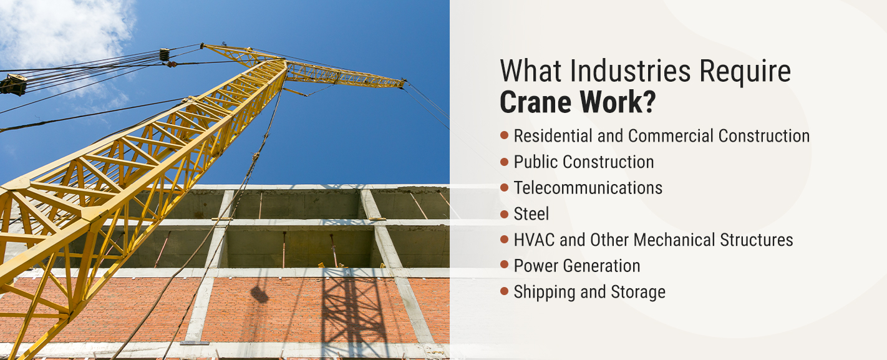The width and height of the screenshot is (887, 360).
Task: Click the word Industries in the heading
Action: tap(631, 71)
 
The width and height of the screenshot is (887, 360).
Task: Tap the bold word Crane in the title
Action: tap(536, 102)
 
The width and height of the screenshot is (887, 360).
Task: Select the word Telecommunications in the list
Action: tap(588, 188)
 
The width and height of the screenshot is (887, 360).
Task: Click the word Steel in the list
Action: tap(531, 214)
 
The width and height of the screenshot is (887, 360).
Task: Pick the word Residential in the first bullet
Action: tap(553, 136)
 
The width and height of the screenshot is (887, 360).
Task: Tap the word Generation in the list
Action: tap(602, 266)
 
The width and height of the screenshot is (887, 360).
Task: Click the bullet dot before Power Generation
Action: tap(504, 265)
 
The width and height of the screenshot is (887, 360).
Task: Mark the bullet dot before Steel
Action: tap(504, 214)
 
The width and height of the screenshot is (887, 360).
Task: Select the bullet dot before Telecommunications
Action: tap(504, 187)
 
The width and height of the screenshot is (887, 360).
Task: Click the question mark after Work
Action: tap(649, 102)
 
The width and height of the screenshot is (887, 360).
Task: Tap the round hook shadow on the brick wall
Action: tap(259, 294)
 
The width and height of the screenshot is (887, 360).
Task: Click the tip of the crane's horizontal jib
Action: tap(404, 82)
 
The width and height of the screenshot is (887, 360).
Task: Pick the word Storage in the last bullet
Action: tap(638, 293)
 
